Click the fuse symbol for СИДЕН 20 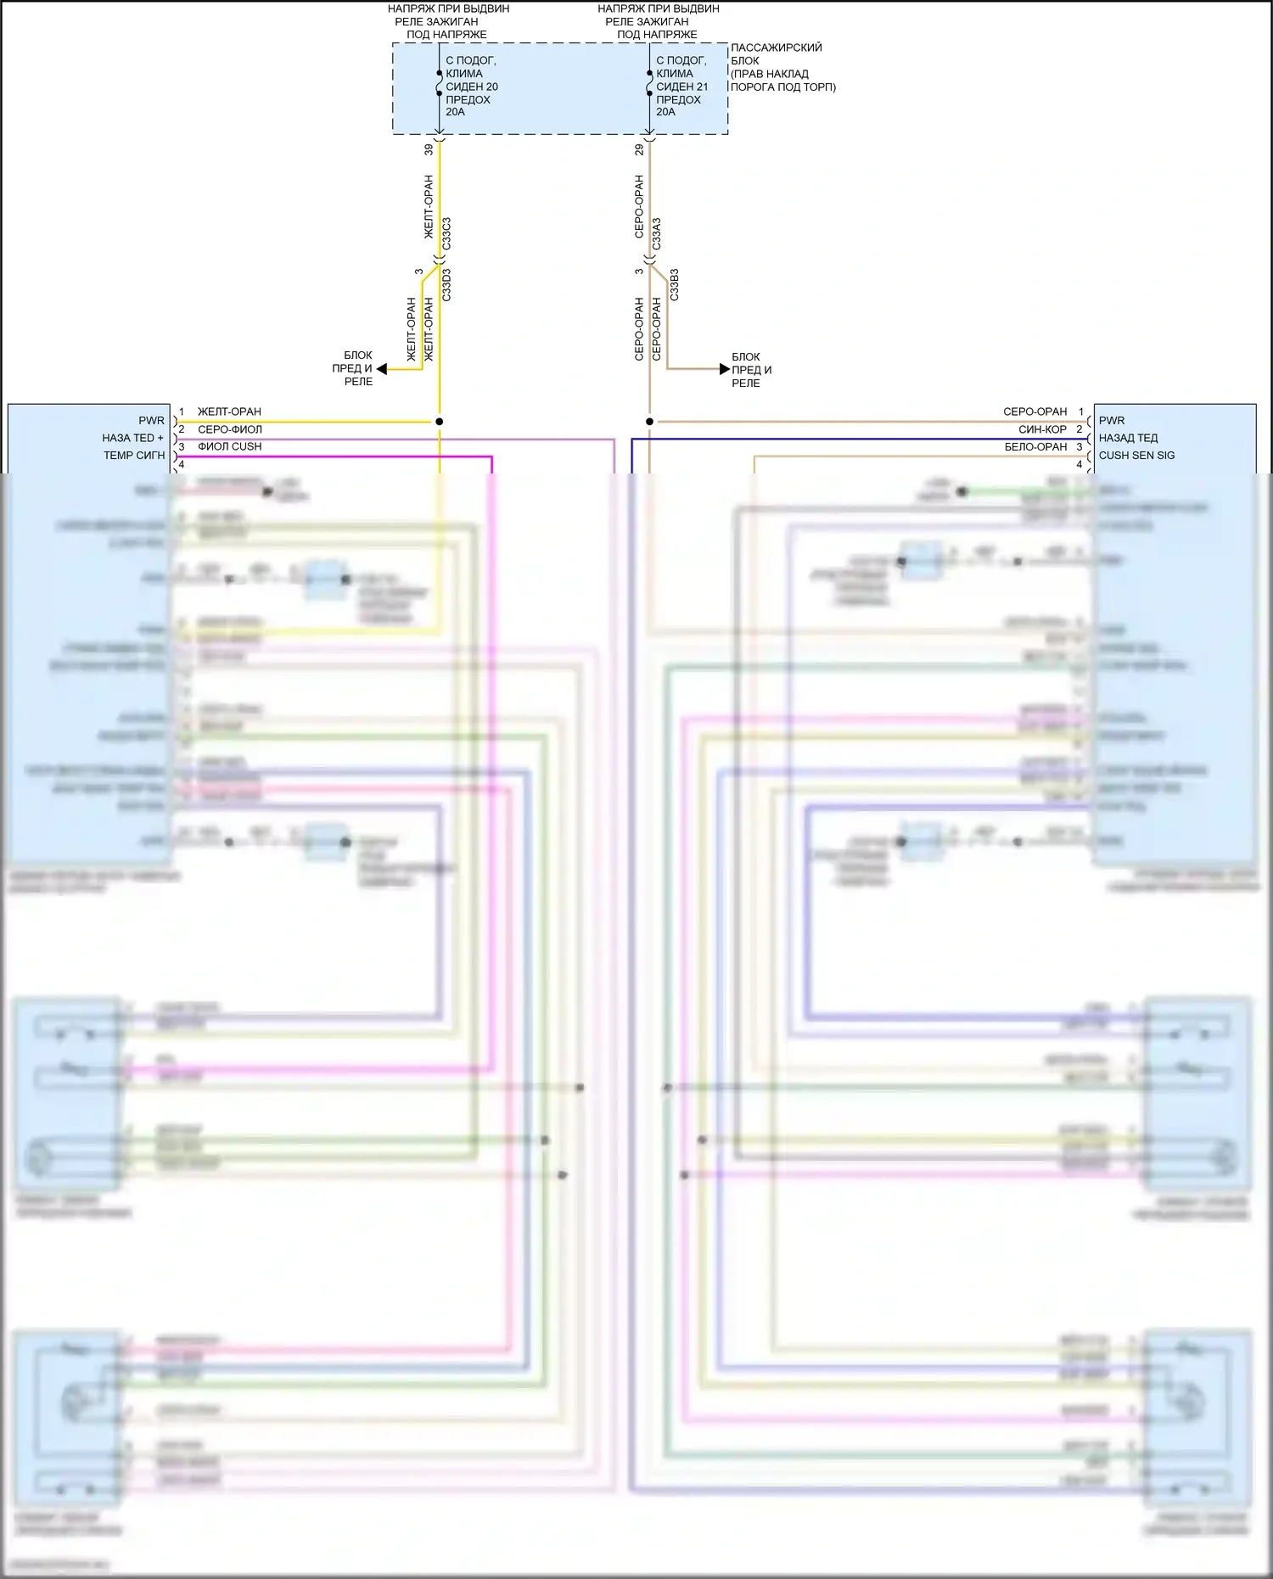pyautogui.click(x=439, y=84)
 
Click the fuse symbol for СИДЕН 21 pyautogui.click(x=649, y=84)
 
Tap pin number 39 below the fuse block pyautogui.click(x=429, y=149)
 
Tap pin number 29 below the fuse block pyautogui.click(x=639, y=149)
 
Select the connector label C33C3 pyautogui.click(x=447, y=233)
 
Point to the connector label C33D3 pyautogui.click(x=447, y=285)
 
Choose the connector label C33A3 pyautogui.click(x=657, y=233)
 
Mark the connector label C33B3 pyautogui.click(x=675, y=285)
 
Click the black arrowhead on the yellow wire pyautogui.click(x=382, y=369)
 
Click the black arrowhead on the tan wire pyautogui.click(x=724, y=369)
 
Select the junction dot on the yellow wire pyautogui.click(x=439, y=421)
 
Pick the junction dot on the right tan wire pyautogui.click(x=649, y=421)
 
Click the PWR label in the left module pyautogui.click(x=151, y=421)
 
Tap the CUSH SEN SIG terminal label pyautogui.click(x=1136, y=456)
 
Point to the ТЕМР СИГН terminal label pyautogui.click(x=134, y=456)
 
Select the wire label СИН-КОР pyautogui.click(x=1042, y=429)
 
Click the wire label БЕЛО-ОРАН pyautogui.click(x=1035, y=447)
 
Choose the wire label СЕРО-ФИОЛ pyautogui.click(x=230, y=429)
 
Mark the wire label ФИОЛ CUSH pyautogui.click(x=229, y=447)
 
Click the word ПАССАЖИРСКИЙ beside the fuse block pyautogui.click(x=776, y=48)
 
